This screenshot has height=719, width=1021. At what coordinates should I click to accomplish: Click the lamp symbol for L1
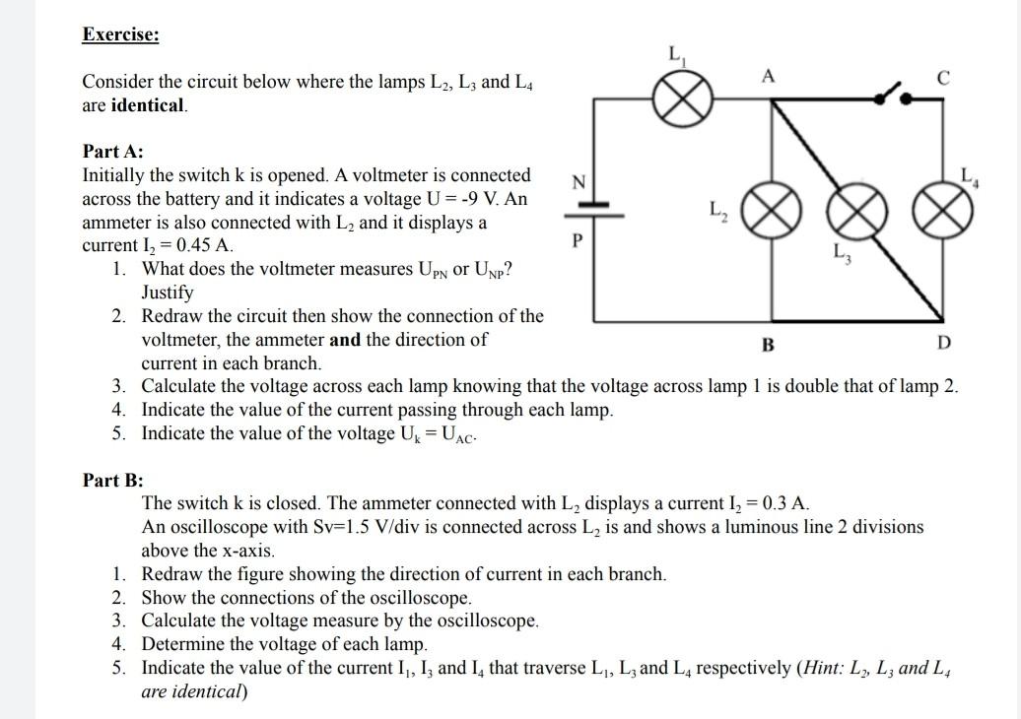690,98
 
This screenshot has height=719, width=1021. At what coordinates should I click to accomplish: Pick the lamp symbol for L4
938,210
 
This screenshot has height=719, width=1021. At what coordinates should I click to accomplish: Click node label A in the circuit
768,75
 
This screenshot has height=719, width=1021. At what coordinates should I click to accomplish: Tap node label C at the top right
942,78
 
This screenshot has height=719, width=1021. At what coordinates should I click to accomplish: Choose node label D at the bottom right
943,343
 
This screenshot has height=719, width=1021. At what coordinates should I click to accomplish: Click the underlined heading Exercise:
120,35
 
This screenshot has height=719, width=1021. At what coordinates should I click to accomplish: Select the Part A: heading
112,152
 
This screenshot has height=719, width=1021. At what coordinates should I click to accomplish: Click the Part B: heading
112,481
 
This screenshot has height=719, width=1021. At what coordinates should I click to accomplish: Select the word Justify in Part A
168,293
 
